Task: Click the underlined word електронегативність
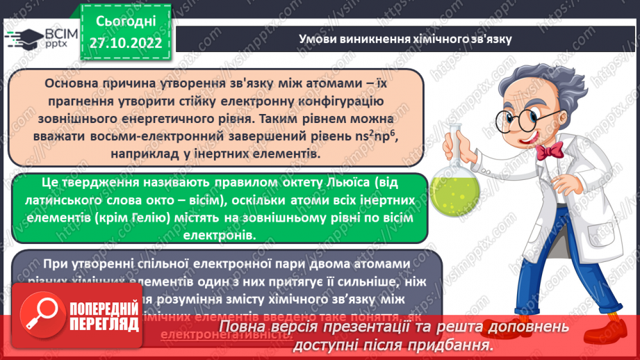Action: coord(225,334)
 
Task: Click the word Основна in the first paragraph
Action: coord(73,83)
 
